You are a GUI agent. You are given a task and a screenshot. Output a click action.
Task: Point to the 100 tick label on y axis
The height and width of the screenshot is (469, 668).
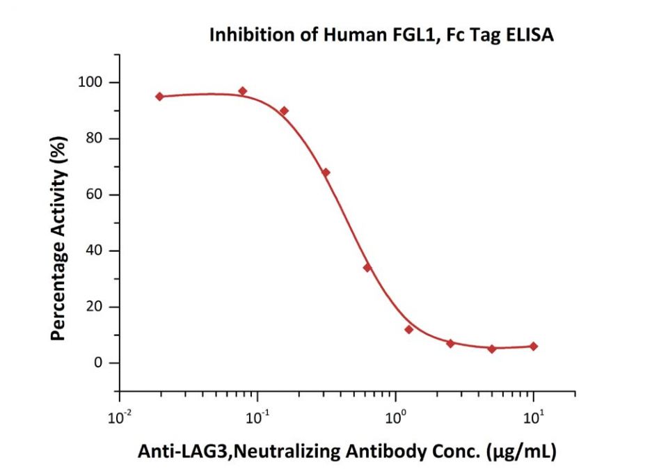click(x=90, y=83)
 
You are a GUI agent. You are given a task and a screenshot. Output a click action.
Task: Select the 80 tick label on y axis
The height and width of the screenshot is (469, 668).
click(x=94, y=139)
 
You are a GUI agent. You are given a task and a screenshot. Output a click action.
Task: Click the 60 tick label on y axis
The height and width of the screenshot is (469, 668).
click(x=94, y=195)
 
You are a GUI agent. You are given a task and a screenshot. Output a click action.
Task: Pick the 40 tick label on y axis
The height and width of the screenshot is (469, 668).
click(x=94, y=251)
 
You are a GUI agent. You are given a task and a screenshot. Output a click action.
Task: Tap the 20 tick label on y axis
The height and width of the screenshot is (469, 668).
click(x=94, y=307)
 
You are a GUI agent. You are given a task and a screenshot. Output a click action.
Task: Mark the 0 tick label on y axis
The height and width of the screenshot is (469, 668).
click(x=98, y=363)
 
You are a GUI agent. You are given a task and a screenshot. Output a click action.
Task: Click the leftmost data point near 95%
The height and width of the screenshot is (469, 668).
click(x=159, y=97)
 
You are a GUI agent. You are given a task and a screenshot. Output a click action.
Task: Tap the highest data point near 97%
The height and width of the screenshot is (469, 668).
click(x=242, y=91)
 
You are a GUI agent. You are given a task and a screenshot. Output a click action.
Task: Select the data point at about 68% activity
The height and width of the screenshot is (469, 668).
click(x=326, y=173)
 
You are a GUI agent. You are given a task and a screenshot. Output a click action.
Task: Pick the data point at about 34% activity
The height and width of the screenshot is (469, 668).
click(x=367, y=267)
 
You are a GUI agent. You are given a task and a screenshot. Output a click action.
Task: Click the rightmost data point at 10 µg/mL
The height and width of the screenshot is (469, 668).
click(x=533, y=346)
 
